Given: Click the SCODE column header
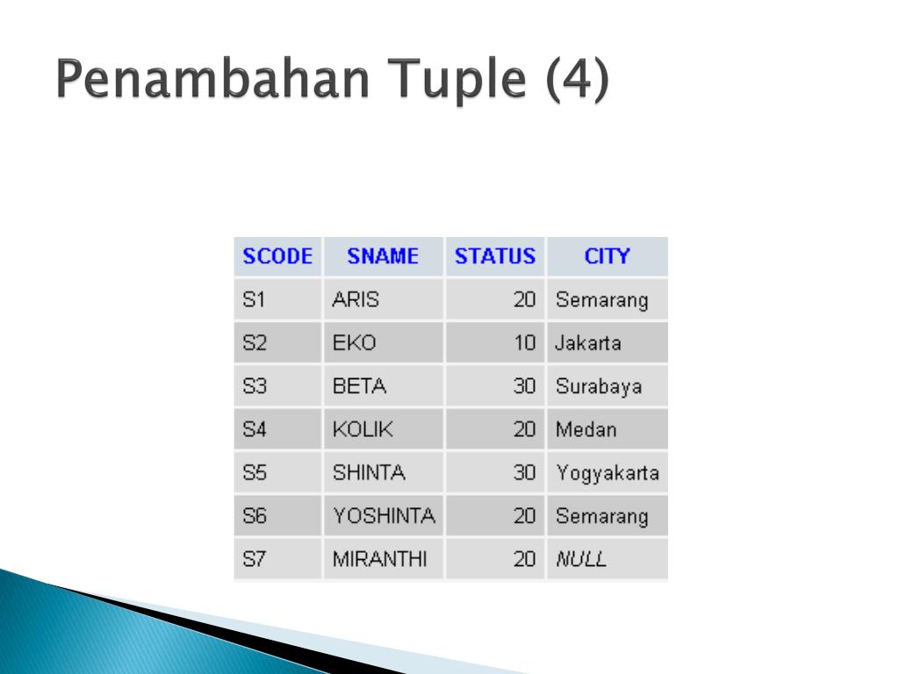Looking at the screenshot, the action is (277, 256).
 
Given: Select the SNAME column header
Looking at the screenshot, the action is (383, 256).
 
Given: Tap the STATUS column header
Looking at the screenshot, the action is (495, 256).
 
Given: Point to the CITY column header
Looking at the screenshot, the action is (608, 256).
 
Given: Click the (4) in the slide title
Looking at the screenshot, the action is (577, 79).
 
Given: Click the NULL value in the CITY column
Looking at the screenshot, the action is (581, 559).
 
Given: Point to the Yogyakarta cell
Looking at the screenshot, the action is (608, 473).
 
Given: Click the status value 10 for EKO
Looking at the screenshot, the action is (525, 343).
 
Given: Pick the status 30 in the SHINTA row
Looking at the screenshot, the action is (525, 472).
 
